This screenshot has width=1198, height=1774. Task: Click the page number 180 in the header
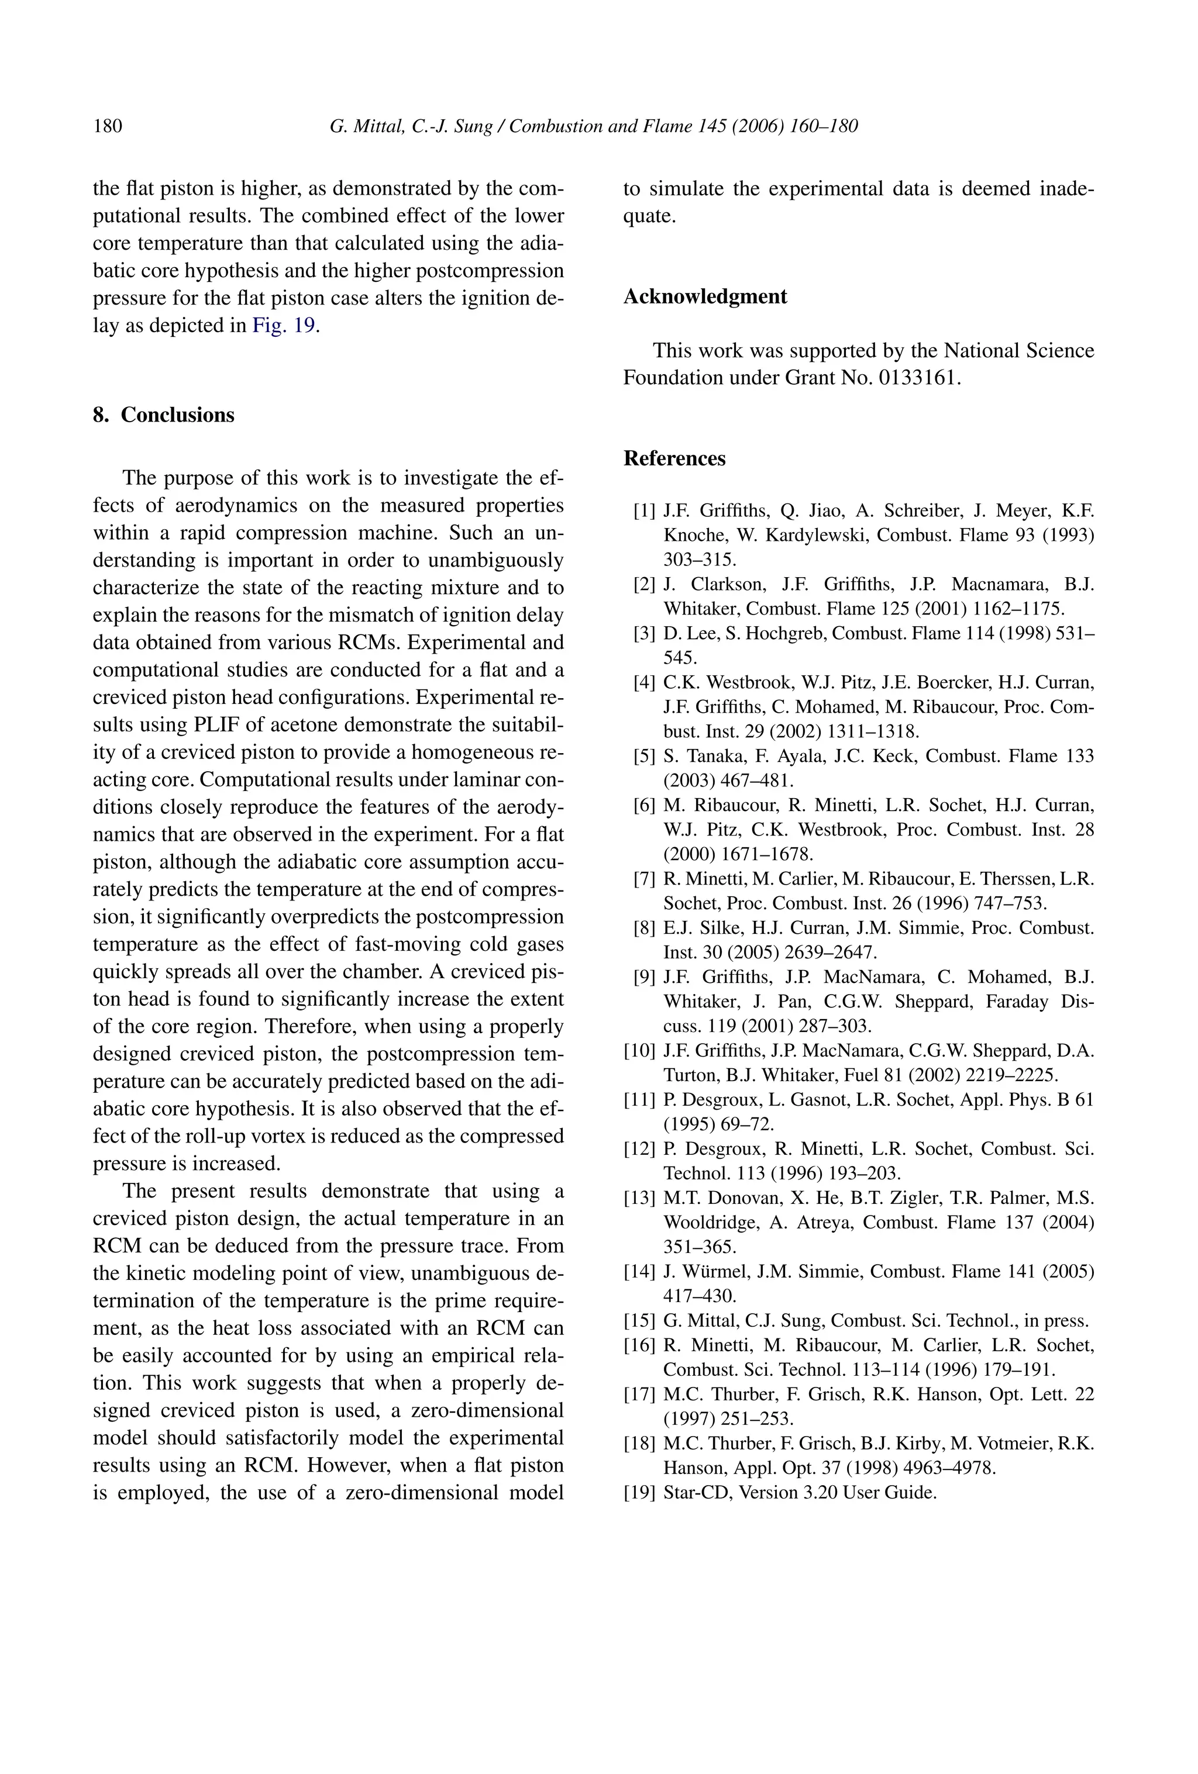click(x=107, y=126)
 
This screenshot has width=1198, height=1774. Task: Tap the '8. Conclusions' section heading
click(x=163, y=415)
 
